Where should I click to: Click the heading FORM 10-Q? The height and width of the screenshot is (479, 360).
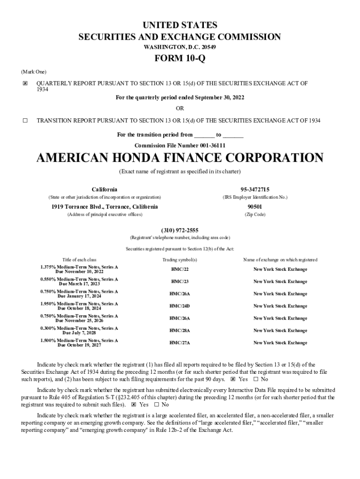coord(180,59)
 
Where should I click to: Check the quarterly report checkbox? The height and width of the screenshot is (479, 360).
coord(25,84)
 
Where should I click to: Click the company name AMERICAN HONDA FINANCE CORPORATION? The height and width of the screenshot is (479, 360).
coord(180,158)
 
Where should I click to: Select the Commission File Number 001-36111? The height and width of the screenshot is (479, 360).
coord(180,145)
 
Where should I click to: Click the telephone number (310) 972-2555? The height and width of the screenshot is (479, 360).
coord(180,230)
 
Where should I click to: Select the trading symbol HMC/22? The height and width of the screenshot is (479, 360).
coord(180,269)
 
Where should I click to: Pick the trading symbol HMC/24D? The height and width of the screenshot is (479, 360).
coord(180,306)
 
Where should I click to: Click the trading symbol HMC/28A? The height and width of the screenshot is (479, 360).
coord(180,330)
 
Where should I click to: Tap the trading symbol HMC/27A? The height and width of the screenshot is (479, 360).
coord(180,343)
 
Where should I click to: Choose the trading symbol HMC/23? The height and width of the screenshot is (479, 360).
coord(180,282)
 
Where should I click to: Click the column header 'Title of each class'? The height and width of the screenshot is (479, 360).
coord(79,260)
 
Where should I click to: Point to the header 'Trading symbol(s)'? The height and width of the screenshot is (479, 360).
coord(180,260)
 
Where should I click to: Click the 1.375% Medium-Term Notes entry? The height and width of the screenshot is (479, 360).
coord(79,269)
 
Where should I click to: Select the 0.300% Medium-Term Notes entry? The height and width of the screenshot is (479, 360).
coord(79,330)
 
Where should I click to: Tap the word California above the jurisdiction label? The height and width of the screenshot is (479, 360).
coord(104,189)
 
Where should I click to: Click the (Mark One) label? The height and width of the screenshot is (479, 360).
coord(34,72)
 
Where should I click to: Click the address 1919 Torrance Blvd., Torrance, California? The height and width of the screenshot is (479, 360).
coord(104,207)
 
